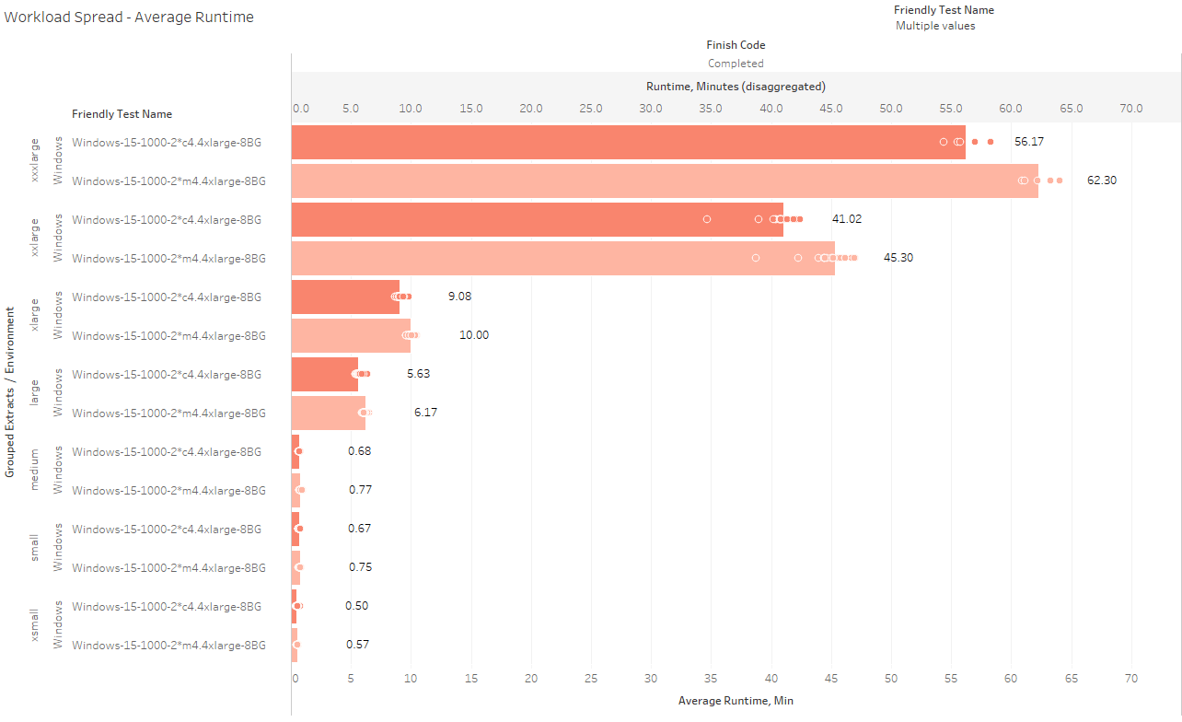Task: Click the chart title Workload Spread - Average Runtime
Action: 129,17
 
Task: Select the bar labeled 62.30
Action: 663,180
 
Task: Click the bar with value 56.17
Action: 626,142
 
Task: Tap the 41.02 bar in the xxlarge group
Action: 534,219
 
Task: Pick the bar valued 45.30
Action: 562,258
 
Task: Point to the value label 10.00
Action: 474,335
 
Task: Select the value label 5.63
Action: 418,374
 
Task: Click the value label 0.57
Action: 358,645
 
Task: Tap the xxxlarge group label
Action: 35,161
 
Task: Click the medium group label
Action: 35,470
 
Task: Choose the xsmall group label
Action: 35,625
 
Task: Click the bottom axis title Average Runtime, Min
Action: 736,701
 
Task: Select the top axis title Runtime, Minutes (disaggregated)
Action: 736,86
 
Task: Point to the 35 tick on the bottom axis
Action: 712,679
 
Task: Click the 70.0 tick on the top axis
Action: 1130,109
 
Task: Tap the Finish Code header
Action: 736,44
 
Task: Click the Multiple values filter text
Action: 935,26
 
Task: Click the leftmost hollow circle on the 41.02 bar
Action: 707,219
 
